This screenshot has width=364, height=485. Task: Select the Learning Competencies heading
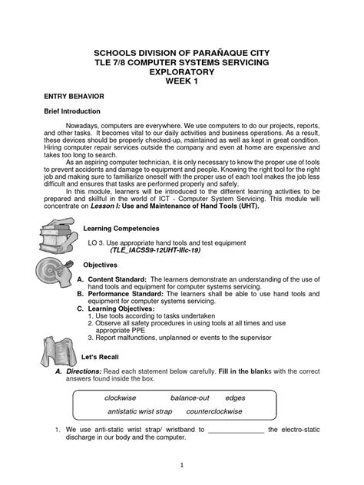[x=122, y=228]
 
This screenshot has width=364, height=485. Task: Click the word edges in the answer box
[x=235, y=398]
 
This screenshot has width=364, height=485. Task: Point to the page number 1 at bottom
[x=181, y=464]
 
